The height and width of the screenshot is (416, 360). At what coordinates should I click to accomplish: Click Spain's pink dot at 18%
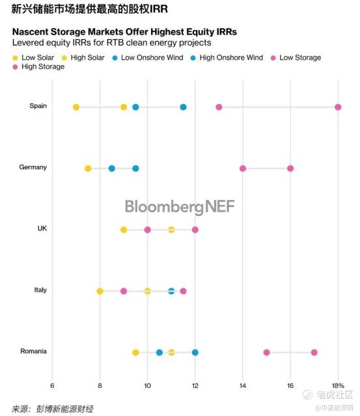tap(338, 107)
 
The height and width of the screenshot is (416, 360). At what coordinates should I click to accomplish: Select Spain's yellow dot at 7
tap(76, 107)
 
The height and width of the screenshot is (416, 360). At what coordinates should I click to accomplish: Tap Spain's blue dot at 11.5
tap(183, 107)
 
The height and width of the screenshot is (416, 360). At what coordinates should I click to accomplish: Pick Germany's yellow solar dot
tap(88, 169)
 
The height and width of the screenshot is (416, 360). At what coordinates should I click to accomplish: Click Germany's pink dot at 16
tap(290, 169)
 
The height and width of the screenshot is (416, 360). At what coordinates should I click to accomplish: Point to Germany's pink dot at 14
tap(242, 169)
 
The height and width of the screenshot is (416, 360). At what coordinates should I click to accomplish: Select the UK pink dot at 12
tap(195, 230)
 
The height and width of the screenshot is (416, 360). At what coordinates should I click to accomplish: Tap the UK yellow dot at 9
tap(124, 230)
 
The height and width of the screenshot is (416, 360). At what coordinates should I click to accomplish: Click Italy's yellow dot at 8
tap(100, 291)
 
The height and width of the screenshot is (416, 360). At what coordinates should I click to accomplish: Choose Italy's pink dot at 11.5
tap(183, 291)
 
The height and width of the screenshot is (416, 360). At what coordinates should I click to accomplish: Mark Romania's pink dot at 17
tap(314, 352)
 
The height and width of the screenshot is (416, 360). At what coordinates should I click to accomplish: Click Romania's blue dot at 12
tap(195, 352)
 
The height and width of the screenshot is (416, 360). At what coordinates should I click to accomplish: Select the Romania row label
tap(33, 351)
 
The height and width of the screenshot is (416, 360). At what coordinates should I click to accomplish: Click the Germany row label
tap(33, 167)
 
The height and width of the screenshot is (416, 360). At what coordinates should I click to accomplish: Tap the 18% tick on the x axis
tap(338, 385)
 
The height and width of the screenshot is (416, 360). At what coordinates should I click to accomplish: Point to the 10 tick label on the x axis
tap(147, 385)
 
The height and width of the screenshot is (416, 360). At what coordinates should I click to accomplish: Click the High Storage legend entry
tap(38, 66)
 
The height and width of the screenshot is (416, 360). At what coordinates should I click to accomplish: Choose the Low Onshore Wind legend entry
tap(148, 57)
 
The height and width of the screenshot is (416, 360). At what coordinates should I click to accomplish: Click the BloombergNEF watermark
tap(180, 206)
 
